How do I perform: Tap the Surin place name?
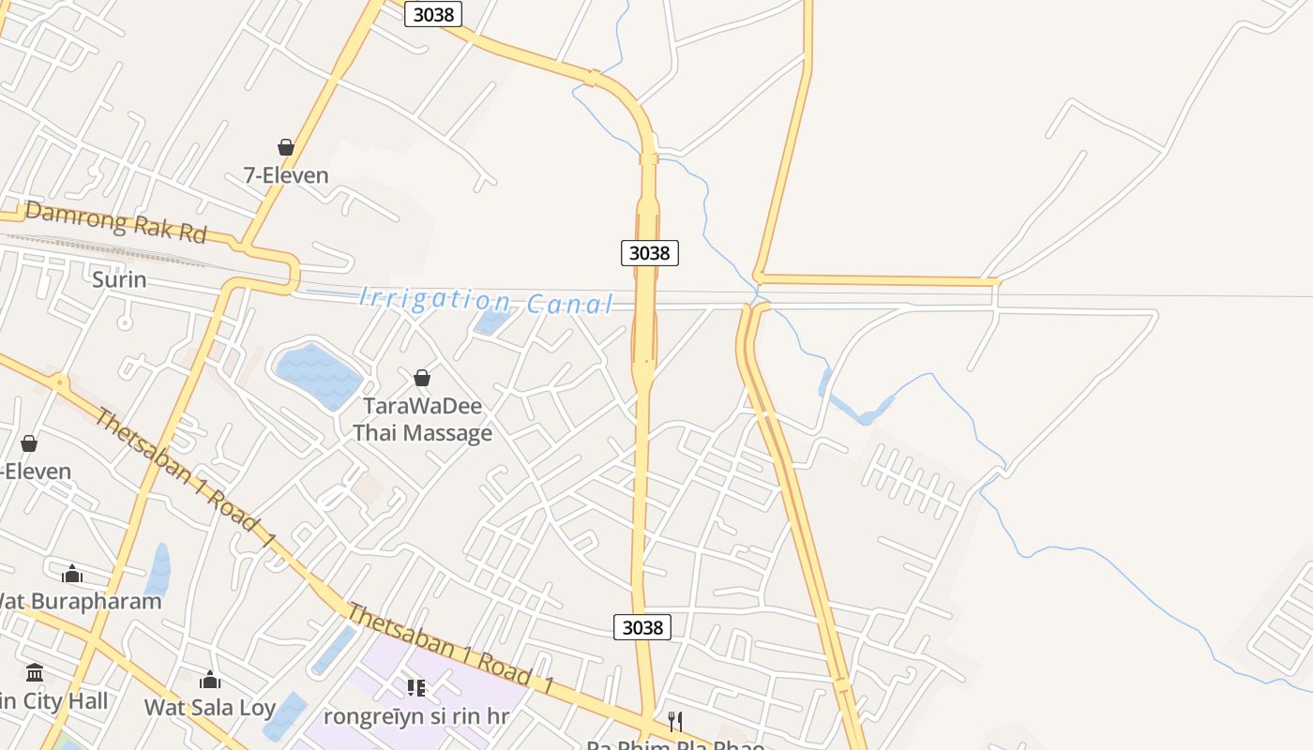[x=119, y=279]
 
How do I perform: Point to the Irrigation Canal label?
[x=486, y=301]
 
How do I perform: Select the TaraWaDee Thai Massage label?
[x=422, y=419]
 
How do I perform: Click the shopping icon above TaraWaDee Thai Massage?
[x=422, y=378]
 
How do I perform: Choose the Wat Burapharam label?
[x=79, y=601]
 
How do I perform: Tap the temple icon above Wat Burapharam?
[x=71, y=574]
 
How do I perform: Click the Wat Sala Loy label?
[x=209, y=707]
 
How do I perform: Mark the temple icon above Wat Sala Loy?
[x=210, y=680]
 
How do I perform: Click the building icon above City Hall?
[x=36, y=672]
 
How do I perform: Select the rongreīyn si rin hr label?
[x=415, y=715]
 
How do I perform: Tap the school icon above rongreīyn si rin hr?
[x=416, y=688]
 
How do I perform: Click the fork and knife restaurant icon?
[x=674, y=721]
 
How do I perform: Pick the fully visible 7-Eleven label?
[x=286, y=175]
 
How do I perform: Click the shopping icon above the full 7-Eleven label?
[x=286, y=147]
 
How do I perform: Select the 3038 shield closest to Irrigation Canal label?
[x=649, y=252]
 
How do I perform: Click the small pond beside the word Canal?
[x=490, y=322]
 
